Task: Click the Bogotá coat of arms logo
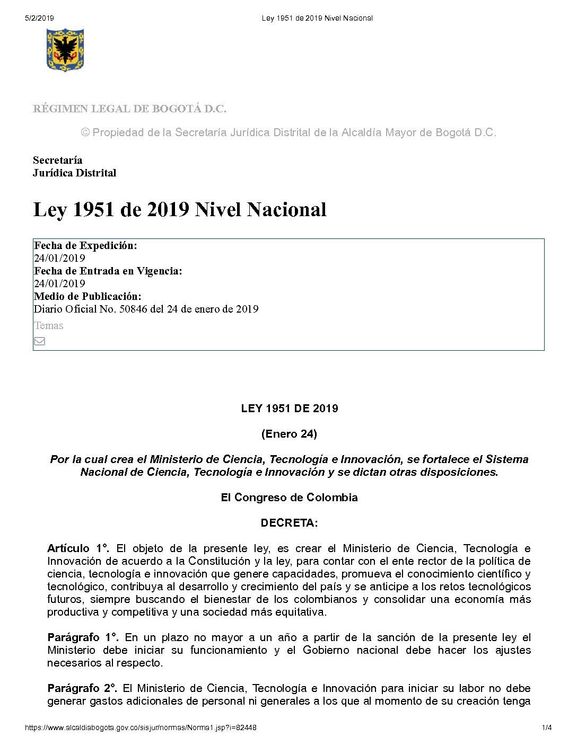pos(65,50)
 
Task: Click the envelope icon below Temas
pos(39,341)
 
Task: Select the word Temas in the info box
pos(49,326)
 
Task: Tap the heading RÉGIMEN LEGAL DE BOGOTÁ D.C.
pos(129,109)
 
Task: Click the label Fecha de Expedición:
pos(85,245)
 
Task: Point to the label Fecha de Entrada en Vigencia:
pos(108,271)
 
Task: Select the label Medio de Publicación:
pos(88,296)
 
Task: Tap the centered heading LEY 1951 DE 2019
pos(289,408)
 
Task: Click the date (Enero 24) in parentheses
pos(289,434)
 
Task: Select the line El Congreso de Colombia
pos(289,498)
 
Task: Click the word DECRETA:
pos(289,523)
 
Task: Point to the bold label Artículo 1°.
pos(78,548)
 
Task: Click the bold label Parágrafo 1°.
pos(83,637)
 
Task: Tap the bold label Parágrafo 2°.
pos(82,688)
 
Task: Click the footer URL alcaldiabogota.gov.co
pos(141,727)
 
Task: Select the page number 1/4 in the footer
pos(547,727)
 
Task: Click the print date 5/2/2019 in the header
pos(39,18)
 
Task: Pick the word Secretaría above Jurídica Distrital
pos(57,160)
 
